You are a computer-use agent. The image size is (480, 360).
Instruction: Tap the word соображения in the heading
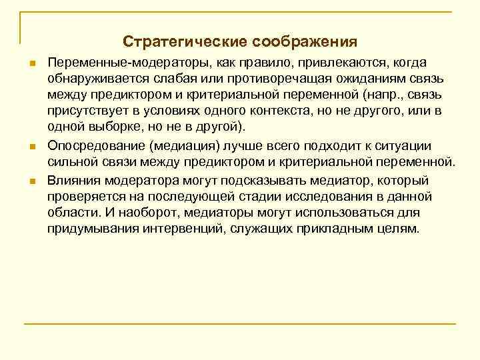pos(305,42)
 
